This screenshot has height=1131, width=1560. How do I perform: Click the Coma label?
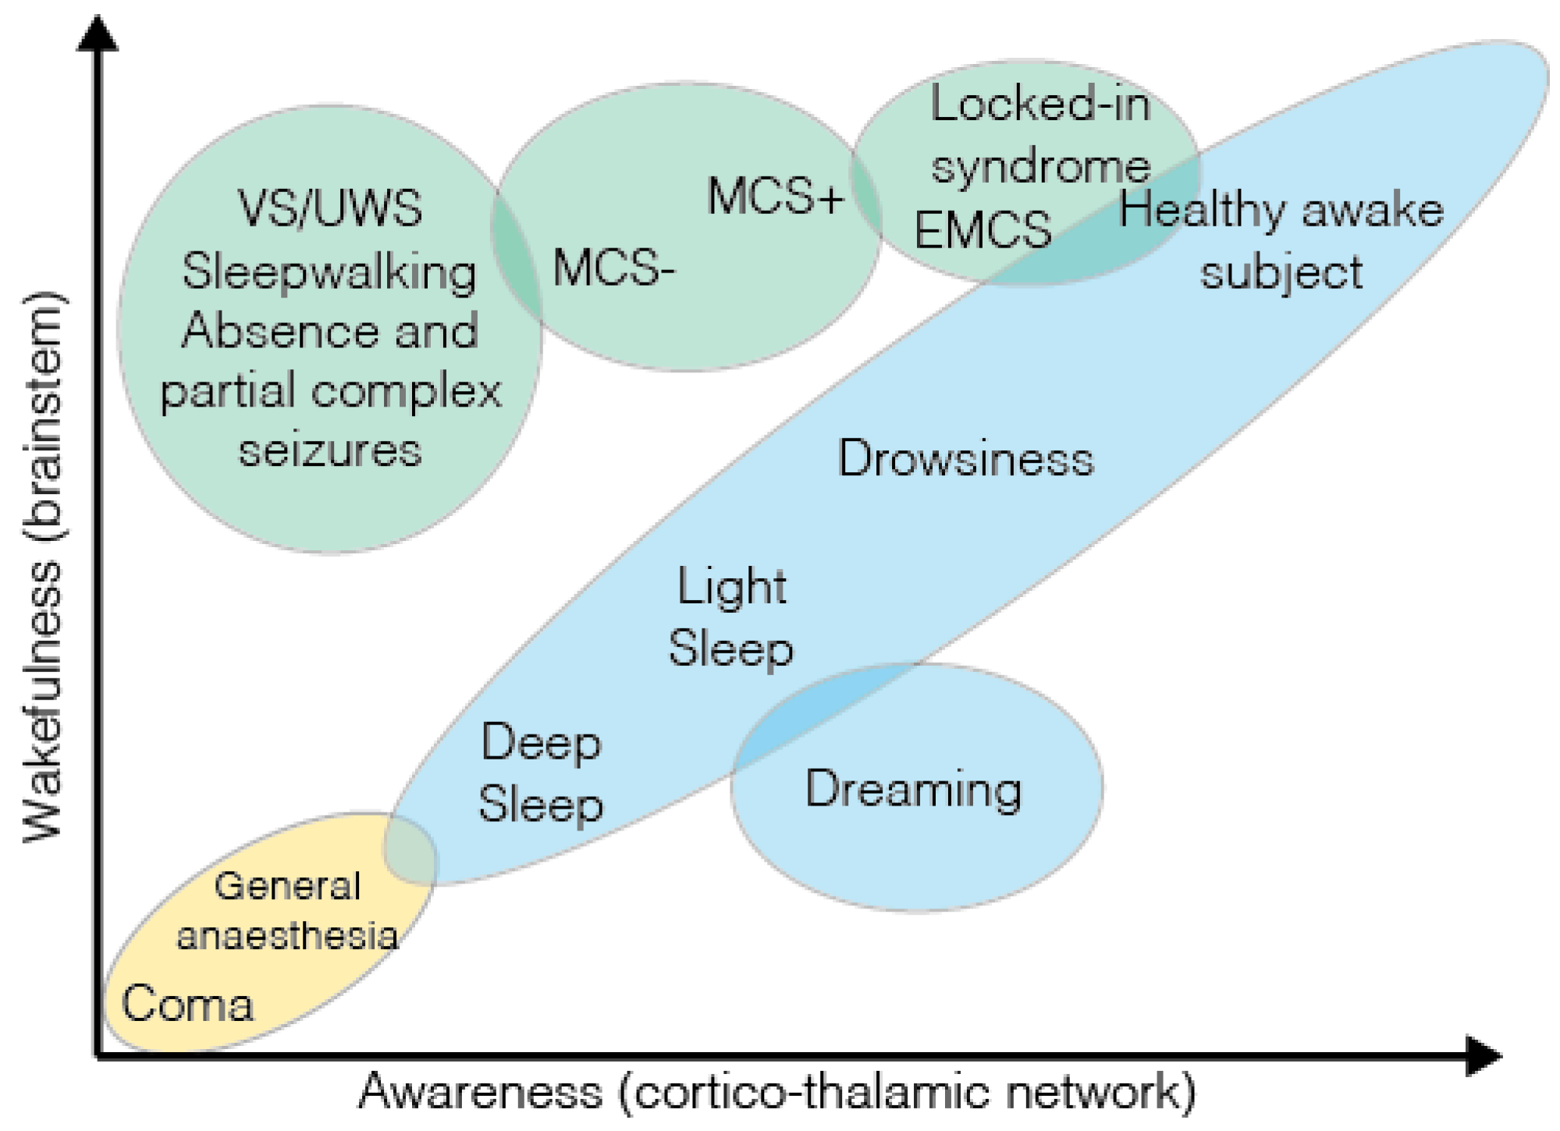coord(187,1004)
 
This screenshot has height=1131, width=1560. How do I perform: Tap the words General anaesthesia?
coord(287,911)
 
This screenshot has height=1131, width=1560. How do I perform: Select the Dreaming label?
coord(913,789)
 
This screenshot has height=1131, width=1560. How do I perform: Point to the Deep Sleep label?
coord(541,773)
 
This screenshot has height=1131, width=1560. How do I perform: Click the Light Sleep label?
coord(731,617)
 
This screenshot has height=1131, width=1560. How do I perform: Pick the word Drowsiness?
coord(965,458)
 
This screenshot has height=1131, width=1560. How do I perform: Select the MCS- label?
coord(613,269)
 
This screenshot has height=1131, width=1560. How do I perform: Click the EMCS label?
coord(983,230)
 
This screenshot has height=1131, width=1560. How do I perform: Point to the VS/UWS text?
coord(329,208)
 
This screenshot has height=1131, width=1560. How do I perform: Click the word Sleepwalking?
coord(329,272)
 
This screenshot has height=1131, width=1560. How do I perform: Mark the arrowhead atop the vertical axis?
coord(98,34)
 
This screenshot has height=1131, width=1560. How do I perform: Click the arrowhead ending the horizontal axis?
coord(1482,1056)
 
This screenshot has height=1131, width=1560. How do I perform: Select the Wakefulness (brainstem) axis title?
coord(43,566)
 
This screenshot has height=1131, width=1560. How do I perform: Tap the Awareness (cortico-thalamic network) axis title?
coord(776,1092)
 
